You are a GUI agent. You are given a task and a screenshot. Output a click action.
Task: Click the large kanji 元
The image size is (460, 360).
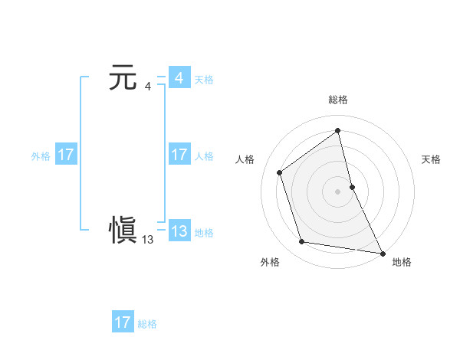point(123,78)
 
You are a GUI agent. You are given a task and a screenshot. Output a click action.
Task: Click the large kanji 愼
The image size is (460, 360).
point(123,231)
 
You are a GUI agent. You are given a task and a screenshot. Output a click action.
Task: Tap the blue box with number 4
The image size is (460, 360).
point(179,78)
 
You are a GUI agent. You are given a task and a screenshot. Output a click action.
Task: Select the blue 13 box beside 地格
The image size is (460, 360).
point(179,232)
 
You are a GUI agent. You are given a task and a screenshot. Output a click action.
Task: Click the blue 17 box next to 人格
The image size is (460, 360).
point(179,155)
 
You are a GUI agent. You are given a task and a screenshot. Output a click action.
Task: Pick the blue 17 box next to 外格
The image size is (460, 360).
point(66,155)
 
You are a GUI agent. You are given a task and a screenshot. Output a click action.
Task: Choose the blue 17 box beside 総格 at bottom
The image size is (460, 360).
point(123,322)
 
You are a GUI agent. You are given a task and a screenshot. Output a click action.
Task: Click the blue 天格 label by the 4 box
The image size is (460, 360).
point(204,79)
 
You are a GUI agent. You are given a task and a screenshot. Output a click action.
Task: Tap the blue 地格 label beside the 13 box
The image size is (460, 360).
point(204,233)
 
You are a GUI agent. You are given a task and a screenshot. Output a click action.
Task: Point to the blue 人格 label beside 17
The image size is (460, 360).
point(204,155)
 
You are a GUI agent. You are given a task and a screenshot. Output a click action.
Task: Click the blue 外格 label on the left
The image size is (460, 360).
point(41,155)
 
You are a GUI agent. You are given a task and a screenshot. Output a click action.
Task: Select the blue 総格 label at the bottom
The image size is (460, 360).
point(147,323)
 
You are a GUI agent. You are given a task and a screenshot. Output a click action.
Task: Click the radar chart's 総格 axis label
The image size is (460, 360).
point(338,100)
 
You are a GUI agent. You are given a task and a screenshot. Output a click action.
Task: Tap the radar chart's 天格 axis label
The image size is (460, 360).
point(432,159)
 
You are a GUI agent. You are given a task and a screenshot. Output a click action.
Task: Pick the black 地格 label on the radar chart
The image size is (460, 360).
point(402,262)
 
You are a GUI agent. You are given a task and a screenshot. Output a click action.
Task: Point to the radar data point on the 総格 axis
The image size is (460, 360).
point(338,130)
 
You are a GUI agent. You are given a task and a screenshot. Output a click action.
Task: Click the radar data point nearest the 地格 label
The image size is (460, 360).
point(382,252)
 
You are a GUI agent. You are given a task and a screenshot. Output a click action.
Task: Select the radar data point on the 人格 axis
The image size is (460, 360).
point(280,172)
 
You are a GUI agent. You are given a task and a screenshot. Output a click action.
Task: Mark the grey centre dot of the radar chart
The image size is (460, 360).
point(338,191)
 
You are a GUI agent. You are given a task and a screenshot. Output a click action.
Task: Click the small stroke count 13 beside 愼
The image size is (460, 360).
point(148,240)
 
